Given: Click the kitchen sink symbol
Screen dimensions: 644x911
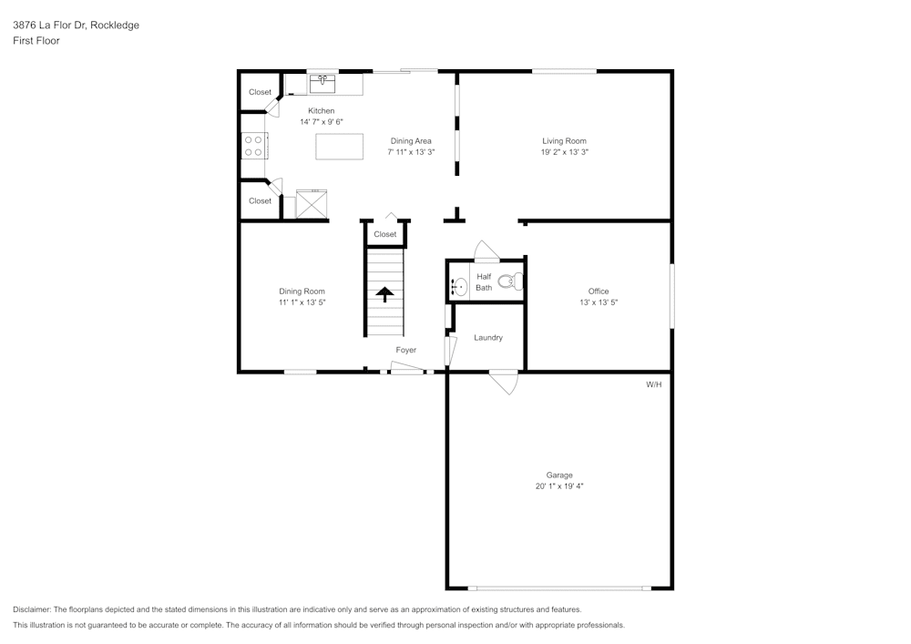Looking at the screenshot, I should [322, 85].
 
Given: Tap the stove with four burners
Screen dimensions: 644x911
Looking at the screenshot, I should [253, 146].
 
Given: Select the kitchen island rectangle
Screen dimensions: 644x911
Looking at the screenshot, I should [339, 147].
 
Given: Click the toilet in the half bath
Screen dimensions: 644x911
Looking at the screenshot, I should [513, 281].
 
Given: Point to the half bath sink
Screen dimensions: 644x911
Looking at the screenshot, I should [458, 287].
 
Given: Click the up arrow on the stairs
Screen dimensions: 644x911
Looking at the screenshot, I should [384, 294].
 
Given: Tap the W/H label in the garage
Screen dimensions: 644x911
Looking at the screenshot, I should [653, 385].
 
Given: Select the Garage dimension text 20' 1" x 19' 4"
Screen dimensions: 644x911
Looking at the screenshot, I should [559, 486].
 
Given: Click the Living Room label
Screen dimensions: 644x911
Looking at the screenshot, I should [564, 141].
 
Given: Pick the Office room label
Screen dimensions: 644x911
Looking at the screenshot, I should [599, 291].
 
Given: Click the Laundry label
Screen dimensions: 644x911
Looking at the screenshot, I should [488, 338].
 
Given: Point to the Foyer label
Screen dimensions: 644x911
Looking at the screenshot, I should [405, 350].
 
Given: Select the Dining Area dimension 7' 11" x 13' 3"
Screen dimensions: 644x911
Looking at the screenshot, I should [411, 152].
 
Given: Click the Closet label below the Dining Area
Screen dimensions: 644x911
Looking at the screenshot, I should [385, 234].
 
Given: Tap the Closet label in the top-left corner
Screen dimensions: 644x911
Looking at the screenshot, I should [260, 92].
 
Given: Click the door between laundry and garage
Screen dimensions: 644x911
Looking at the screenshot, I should [503, 381].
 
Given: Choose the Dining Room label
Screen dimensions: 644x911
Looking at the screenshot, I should [302, 291].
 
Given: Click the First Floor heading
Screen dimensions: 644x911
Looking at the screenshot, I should [36, 41].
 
